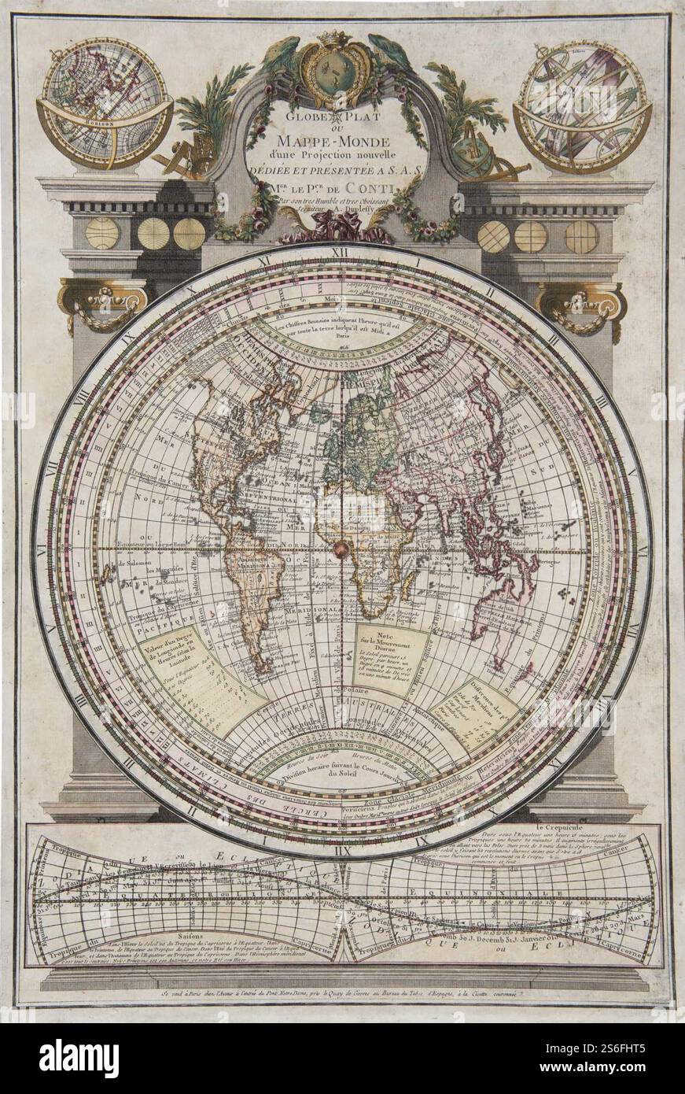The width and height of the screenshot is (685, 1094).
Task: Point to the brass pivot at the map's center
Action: pyautogui.click(x=341, y=548)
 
